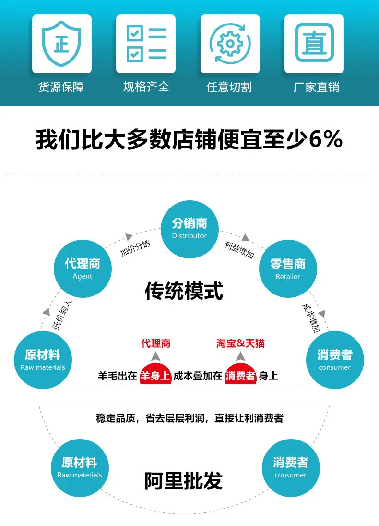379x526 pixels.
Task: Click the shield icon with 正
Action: click(x=62, y=44)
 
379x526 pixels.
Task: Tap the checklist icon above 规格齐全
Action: click(x=146, y=44)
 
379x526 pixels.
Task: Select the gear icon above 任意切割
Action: click(x=230, y=44)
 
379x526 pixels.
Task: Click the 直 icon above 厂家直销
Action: click(x=314, y=43)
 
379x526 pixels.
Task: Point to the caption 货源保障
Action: click(x=61, y=87)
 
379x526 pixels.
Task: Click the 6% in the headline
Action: click(x=326, y=139)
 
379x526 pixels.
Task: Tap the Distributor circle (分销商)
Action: click(x=189, y=229)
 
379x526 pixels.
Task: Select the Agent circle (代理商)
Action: click(x=83, y=269)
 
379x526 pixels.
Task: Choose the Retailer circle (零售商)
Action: click(x=288, y=269)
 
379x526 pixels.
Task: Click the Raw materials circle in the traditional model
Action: click(x=43, y=360)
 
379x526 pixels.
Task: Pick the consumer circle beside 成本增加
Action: click(x=335, y=360)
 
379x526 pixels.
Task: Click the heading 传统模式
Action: click(x=184, y=291)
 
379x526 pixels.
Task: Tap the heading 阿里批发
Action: click(x=184, y=481)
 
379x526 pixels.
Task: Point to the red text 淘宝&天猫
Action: click(x=241, y=343)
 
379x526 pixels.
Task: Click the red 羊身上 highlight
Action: click(x=155, y=375)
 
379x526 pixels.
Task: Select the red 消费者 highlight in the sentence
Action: click(x=241, y=375)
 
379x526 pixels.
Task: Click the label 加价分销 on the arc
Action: click(x=135, y=248)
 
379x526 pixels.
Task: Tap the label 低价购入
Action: click(x=62, y=315)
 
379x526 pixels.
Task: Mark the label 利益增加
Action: click(x=239, y=250)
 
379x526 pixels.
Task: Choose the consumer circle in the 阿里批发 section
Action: click(x=291, y=468)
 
